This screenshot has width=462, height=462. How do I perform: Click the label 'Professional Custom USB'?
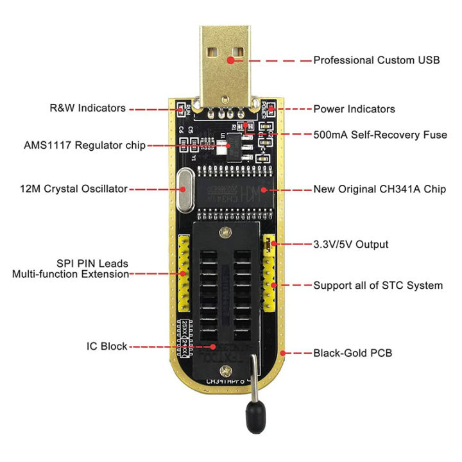376,60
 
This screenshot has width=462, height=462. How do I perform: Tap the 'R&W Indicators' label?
88,108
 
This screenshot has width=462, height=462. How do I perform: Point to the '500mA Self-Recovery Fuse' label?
380,135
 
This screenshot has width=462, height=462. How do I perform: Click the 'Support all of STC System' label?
378,285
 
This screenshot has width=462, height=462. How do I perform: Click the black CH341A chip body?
233,193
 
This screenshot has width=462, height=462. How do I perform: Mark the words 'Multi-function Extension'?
71,274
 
